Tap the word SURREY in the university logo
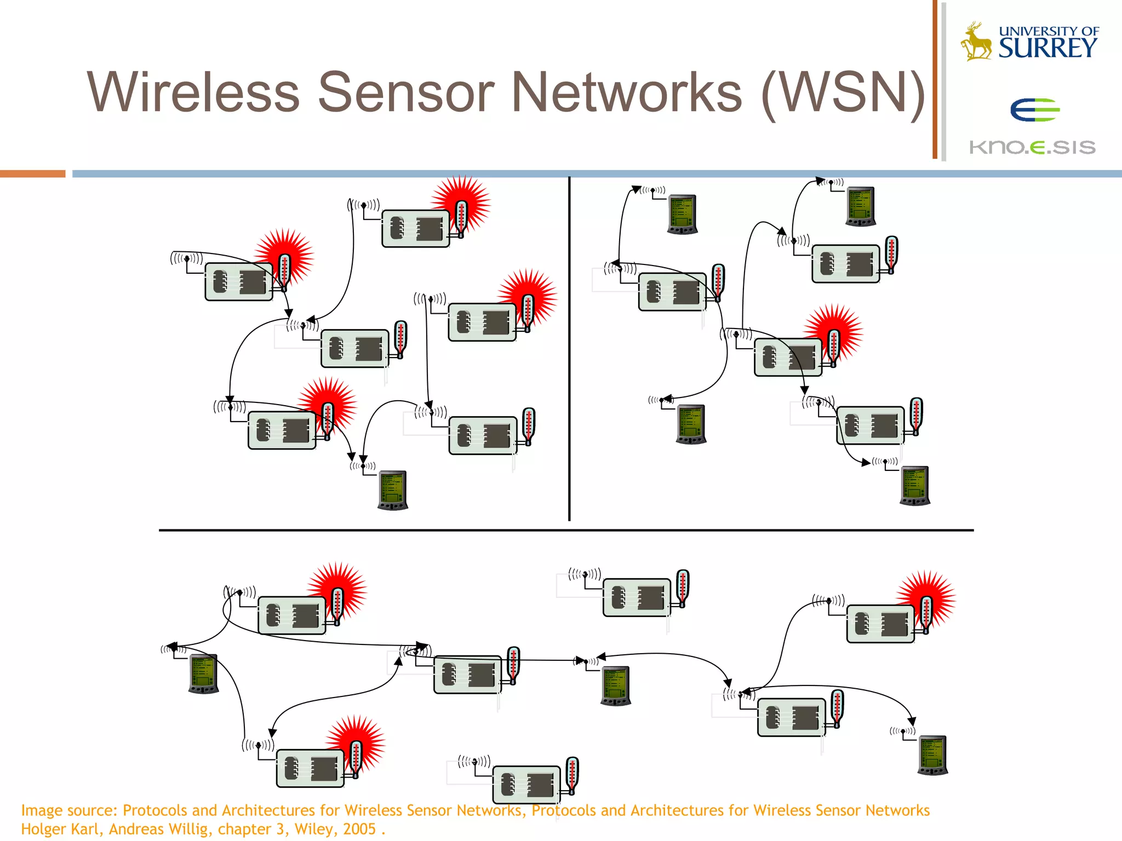pos(1047,49)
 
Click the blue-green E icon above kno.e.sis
pos(1034,110)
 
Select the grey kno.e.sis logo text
pos(1032,147)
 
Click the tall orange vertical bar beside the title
pos(935,79)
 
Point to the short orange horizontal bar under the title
pos(32,174)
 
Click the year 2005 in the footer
pos(359,829)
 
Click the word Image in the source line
pos(43,810)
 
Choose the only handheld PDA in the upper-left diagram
pos(393,490)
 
